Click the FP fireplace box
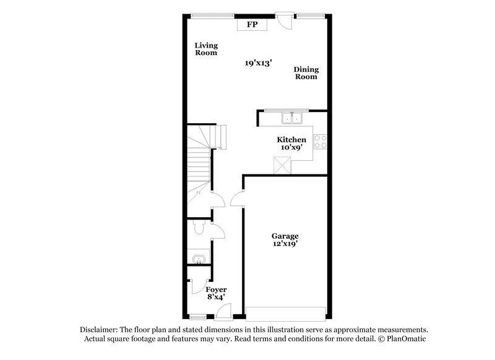tap(252, 25)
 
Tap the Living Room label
tap(206, 49)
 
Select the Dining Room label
tap(306, 73)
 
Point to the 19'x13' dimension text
tap(258, 63)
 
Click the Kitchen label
tap(291, 140)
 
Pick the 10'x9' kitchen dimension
tap(291, 148)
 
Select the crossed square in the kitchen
tap(282, 165)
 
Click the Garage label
tap(285, 236)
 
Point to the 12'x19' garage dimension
tap(285, 244)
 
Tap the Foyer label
tap(216, 289)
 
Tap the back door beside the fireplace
tap(284, 20)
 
